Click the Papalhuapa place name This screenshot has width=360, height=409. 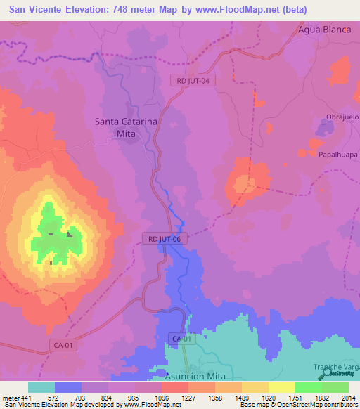[338, 154]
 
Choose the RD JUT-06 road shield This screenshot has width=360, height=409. [165, 239]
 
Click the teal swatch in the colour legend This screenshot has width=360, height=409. [41, 387]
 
